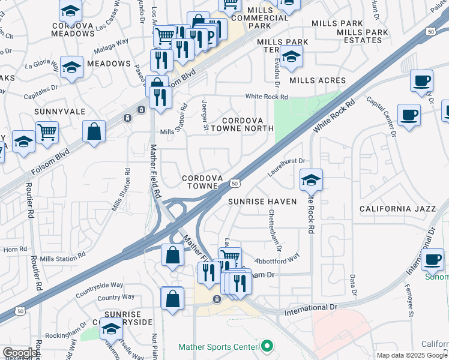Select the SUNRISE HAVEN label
click(x=262, y=202)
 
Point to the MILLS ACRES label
click(x=318, y=80)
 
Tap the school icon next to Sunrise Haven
click(x=311, y=180)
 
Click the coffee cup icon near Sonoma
click(x=432, y=259)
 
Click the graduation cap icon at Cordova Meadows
click(x=71, y=11)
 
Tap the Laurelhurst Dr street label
click(x=287, y=166)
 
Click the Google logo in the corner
click(x=20, y=353)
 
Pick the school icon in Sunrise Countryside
click(x=111, y=328)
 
